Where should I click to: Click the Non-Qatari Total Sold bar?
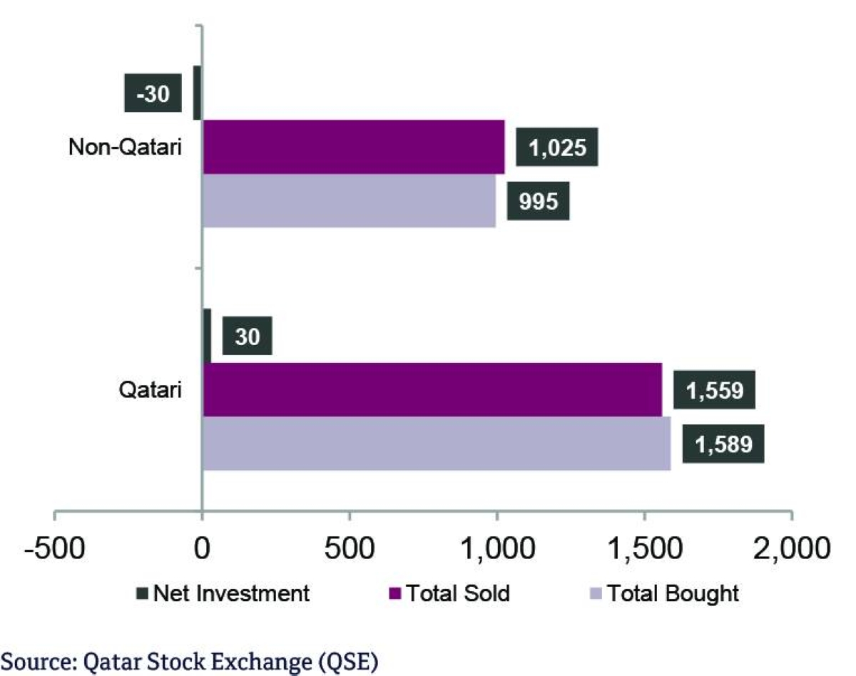click(x=354, y=147)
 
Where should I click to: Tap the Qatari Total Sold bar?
click(x=432, y=389)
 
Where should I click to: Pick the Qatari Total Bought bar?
click(x=437, y=444)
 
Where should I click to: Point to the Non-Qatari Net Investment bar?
click(x=198, y=93)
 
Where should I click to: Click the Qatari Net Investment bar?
click(x=207, y=336)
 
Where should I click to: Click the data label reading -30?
click(x=153, y=93)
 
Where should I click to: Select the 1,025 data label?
click(x=556, y=148)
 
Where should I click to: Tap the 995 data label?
click(x=538, y=202)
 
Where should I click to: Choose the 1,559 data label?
click(x=714, y=390)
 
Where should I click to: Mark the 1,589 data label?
click(x=723, y=444)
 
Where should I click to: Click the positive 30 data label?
click(x=248, y=336)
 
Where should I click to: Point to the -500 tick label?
click(x=56, y=549)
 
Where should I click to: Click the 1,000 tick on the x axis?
click(x=497, y=549)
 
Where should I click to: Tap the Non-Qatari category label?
click(x=126, y=148)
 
